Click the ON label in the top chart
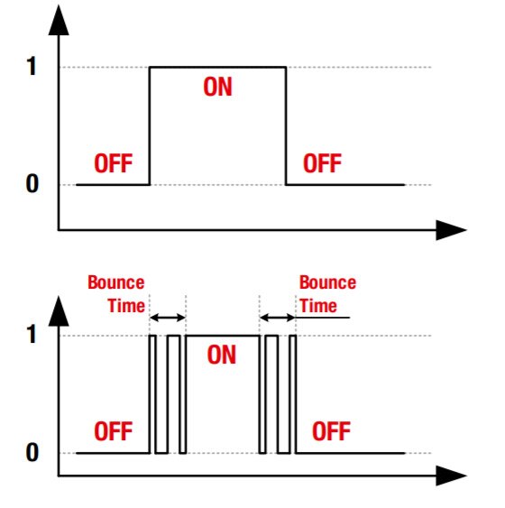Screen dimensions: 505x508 [x=218, y=87]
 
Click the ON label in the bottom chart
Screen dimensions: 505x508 [x=222, y=355]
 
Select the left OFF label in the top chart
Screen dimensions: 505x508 [x=114, y=163]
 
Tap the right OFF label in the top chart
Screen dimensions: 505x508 [x=323, y=163]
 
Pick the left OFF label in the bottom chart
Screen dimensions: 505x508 [x=114, y=431]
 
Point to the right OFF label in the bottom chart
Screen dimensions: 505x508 [x=332, y=431]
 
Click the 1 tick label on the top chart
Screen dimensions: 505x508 [x=32, y=66]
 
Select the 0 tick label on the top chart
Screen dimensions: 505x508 [x=32, y=184]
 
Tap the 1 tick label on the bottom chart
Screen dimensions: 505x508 [x=32, y=334]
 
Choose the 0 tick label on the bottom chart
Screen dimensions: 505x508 [x=32, y=452]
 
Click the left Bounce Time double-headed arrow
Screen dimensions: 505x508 [x=168, y=318]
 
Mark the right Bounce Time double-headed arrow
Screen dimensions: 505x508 [x=278, y=318]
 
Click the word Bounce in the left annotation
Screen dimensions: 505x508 [x=116, y=282]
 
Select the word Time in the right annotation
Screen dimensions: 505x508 [x=318, y=306]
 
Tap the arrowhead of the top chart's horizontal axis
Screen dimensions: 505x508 [x=451, y=230]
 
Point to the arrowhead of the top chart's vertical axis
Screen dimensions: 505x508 [x=59, y=20]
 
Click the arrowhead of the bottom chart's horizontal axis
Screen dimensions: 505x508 [x=451, y=476]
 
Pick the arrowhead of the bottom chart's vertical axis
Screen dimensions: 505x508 [x=59, y=311]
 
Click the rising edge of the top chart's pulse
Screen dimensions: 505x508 [x=150, y=126]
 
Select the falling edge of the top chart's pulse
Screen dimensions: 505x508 [x=286, y=126]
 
